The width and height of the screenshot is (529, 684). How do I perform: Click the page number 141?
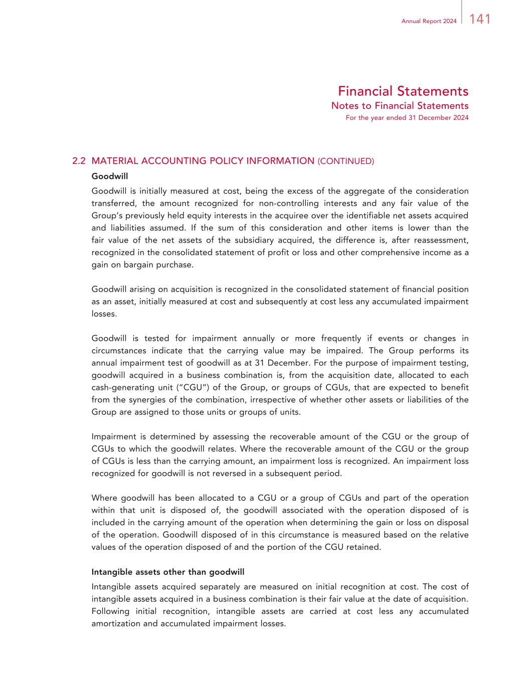coord(480,20)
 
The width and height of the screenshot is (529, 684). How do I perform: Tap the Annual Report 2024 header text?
coord(429,21)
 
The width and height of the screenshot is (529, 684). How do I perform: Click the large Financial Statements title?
coord(403,91)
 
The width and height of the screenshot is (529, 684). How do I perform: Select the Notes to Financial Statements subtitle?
coord(400,106)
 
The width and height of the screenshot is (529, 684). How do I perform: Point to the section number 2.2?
coord(79,161)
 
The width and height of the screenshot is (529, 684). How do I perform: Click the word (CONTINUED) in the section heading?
coord(346,161)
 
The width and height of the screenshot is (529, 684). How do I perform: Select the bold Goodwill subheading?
coord(110,176)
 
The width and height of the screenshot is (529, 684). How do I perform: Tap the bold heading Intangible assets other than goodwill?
coord(167,572)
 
